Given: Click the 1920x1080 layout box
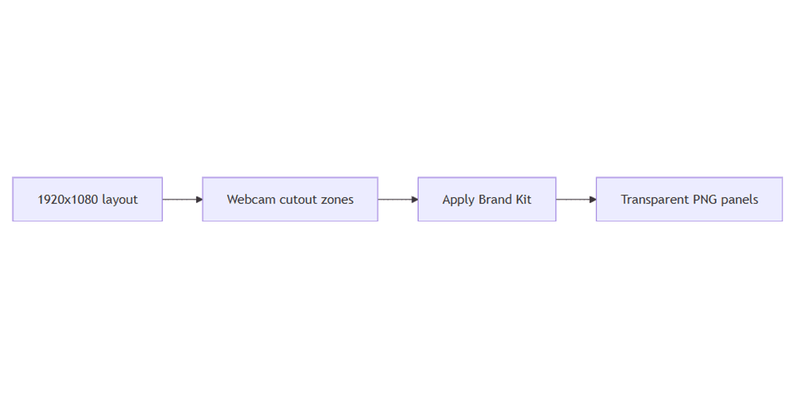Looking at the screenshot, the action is (x=87, y=199).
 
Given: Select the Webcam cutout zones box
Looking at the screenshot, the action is (x=290, y=199).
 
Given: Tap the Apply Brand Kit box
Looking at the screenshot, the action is (x=487, y=199).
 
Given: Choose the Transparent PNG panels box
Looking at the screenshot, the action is (x=689, y=199).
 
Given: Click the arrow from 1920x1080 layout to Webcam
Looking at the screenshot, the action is (x=182, y=199).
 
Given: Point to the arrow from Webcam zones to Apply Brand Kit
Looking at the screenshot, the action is (x=398, y=199).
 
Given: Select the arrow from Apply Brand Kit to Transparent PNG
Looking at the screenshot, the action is (x=576, y=199).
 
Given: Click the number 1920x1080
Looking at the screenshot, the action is (x=68, y=199).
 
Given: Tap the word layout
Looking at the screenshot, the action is (x=120, y=199).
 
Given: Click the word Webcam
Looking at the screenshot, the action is (x=251, y=199).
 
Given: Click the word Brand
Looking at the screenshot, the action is (x=495, y=199).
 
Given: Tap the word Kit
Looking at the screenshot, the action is (x=524, y=199).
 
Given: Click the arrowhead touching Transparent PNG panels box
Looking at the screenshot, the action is (x=593, y=199).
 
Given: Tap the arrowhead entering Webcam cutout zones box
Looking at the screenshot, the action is (x=199, y=199).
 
